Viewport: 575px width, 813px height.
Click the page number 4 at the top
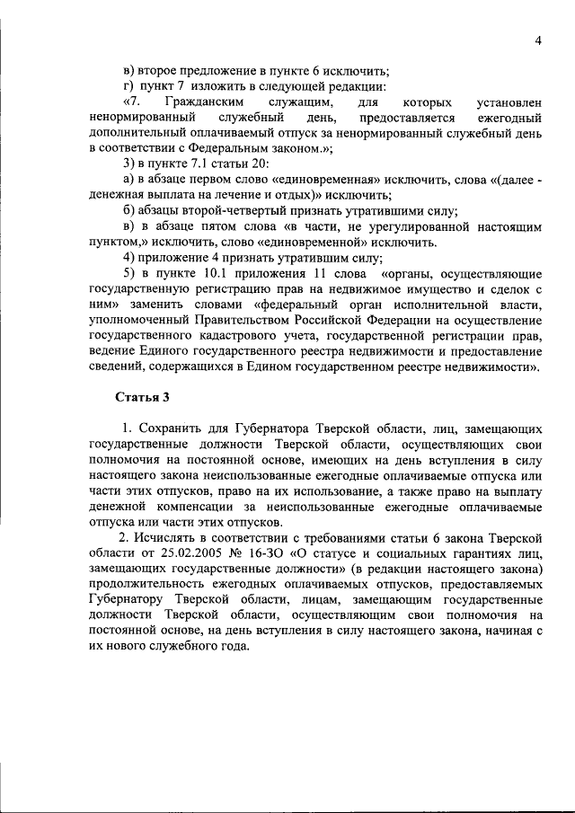(x=536, y=40)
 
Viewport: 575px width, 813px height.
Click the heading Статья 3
(x=142, y=396)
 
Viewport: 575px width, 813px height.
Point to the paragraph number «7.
(x=132, y=103)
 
